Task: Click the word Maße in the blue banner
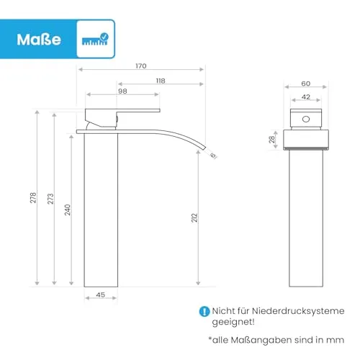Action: (x=39, y=40)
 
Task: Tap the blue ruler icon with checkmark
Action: (x=95, y=39)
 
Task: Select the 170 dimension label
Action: (x=141, y=66)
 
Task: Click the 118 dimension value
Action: (x=161, y=81)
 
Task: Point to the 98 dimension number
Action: (x=122, y=91)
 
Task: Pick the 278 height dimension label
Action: (x=33, y=197)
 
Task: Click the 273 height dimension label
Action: (x=50, y=199)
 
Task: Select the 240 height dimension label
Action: (x=68, y=210)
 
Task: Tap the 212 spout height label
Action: (x=194, y=217)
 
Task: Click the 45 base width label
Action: (x=100, y=294)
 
